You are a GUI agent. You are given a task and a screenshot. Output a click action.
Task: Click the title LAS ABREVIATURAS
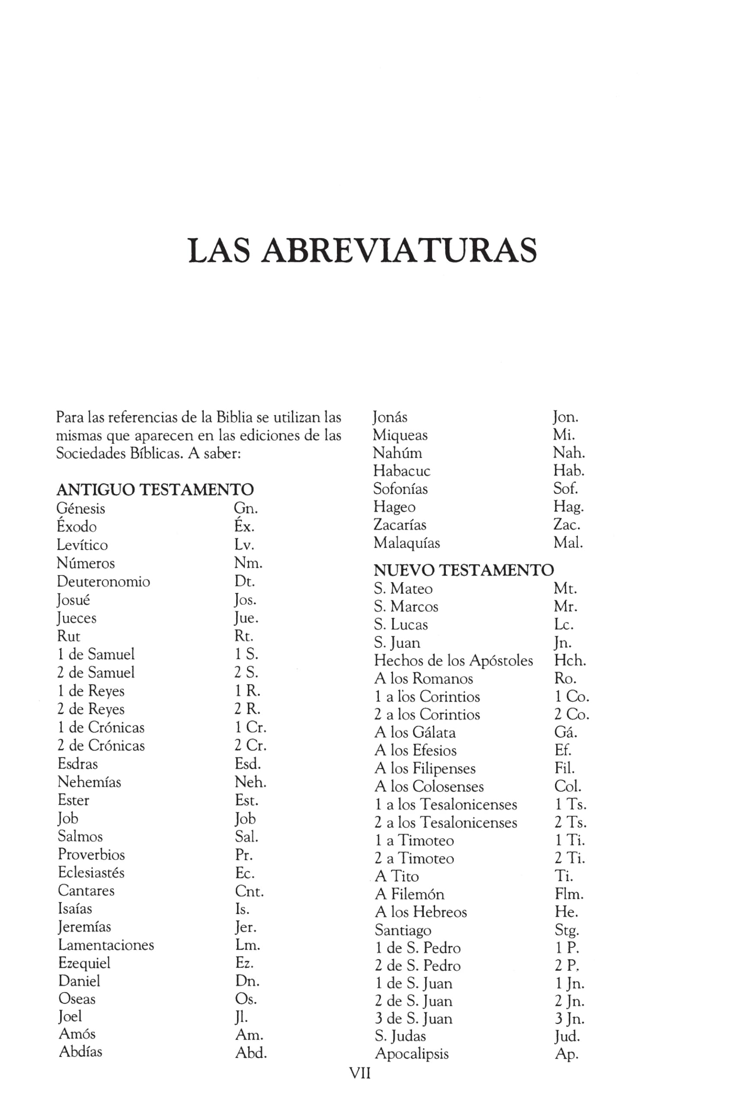362,250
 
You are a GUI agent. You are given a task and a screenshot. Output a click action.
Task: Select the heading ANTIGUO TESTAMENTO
155,490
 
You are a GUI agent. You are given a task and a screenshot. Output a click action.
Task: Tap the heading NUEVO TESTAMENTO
464,570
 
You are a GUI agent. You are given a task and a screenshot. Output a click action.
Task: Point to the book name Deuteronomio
103,582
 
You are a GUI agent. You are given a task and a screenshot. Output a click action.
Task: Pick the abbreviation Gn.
245,509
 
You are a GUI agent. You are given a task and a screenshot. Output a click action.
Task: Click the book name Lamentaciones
106,945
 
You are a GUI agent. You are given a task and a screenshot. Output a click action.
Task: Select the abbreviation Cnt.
249,891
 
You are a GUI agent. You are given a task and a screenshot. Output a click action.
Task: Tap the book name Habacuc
401,471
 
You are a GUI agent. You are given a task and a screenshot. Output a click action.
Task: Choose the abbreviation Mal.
568,543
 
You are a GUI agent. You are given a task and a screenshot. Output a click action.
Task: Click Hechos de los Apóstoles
453,661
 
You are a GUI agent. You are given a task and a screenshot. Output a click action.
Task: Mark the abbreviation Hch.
570,661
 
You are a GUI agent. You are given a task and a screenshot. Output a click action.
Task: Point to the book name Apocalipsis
412,1053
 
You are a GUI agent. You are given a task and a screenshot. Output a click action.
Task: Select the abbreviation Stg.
567,930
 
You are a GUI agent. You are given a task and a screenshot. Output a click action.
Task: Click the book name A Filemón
409,894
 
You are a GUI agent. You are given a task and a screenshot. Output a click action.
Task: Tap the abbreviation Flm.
569,894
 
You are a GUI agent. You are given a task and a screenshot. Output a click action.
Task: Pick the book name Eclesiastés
91,873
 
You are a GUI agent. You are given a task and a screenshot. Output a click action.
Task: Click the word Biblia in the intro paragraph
234,417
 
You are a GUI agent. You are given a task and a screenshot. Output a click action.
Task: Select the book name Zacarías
400,525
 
